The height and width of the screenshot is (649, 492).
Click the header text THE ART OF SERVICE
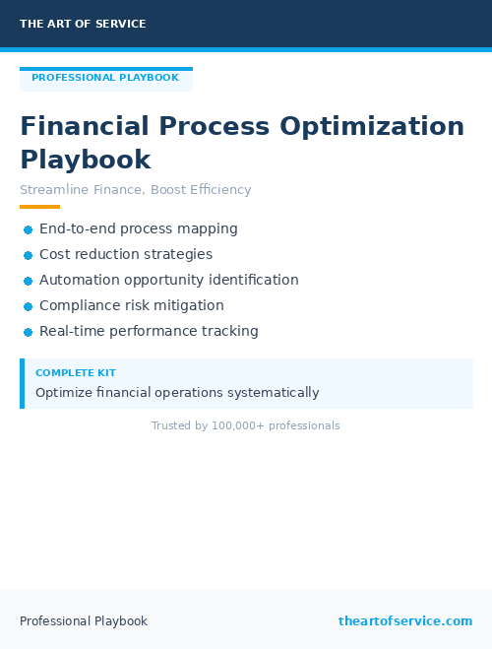tap(83, 24)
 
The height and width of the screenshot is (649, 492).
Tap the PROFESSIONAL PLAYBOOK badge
tap(105, 78)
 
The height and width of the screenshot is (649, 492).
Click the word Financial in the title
tap(85, 127)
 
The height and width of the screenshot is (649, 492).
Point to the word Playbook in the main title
tap(85, 160)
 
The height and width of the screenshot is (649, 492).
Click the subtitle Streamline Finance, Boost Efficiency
tap(136, 190)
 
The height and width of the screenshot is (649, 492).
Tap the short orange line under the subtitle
tap(39, 207)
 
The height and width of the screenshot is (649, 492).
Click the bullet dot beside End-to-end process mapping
tap(28, 229)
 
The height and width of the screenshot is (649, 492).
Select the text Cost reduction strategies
tap(126, 254)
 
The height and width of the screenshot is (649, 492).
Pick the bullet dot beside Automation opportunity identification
tap(28, 281)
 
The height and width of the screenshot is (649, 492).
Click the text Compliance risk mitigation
tap(132, 305)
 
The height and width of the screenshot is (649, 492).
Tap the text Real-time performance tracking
tap(149, 331)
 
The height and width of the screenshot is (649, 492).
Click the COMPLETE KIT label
tap(75, 373)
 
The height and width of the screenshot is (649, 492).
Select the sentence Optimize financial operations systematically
tap(177, 392)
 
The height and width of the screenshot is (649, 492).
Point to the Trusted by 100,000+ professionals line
tap(246, 425)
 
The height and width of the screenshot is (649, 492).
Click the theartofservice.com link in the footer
tap(405, 620)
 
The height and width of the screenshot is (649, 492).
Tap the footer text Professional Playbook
tap(84, 620)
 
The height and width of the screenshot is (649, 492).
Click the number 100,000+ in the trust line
tap(237, 425)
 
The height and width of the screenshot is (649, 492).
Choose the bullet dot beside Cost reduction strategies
tap(28, 255)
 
